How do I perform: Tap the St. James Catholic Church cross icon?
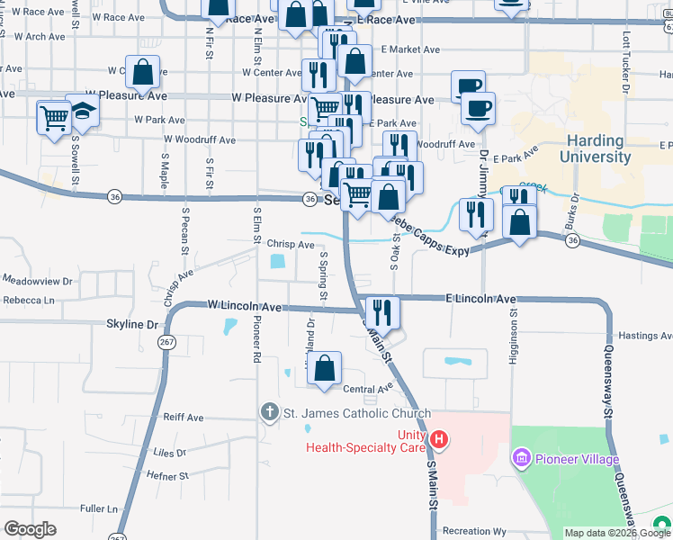coord(269,413)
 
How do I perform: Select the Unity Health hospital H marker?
coord(439,440)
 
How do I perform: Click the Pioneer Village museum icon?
coord(520,460)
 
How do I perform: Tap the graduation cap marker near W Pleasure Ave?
coord(83,112)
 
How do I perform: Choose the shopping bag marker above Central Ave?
coord(325,367)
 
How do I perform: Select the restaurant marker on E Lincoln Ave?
coord(382,312)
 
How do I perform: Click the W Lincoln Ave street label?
coord(244,307)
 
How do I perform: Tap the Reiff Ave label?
coord(184,418)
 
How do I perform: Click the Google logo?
coord(30,529)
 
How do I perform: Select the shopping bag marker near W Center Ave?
coord(142,72)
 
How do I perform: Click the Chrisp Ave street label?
coord(291,244)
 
